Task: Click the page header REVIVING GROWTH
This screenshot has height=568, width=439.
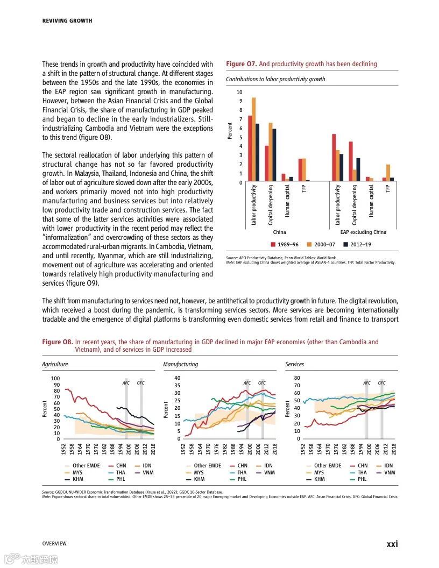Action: click(x=67, y=21)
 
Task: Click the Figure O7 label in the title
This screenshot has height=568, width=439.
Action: click(x=241, y=64)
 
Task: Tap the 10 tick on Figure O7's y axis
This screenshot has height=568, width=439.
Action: click(x=240, y=92)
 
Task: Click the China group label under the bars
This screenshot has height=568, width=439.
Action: click(x=279, y=232)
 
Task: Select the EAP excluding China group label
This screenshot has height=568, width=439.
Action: click(x=363, y=232)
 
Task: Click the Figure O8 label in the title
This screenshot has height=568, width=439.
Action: click(x=57, y=342)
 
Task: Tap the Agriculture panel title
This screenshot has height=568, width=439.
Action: click(x=55, y=364)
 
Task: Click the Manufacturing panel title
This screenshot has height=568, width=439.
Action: click(x=180, y=364)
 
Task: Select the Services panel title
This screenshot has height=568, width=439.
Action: click(x=294, y=364)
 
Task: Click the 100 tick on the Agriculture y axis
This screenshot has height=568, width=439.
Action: click(x=56, y=379)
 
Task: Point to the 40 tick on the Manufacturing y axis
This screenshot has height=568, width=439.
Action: click(x=177, y=378)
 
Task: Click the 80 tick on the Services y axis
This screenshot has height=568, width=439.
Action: click(x=296, y=378)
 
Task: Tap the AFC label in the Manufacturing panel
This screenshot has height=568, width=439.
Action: click(x=247, y=383)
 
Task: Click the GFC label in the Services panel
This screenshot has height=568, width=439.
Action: click(x=381, y=383)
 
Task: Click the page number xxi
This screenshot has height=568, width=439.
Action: click(x=392, y=544)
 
